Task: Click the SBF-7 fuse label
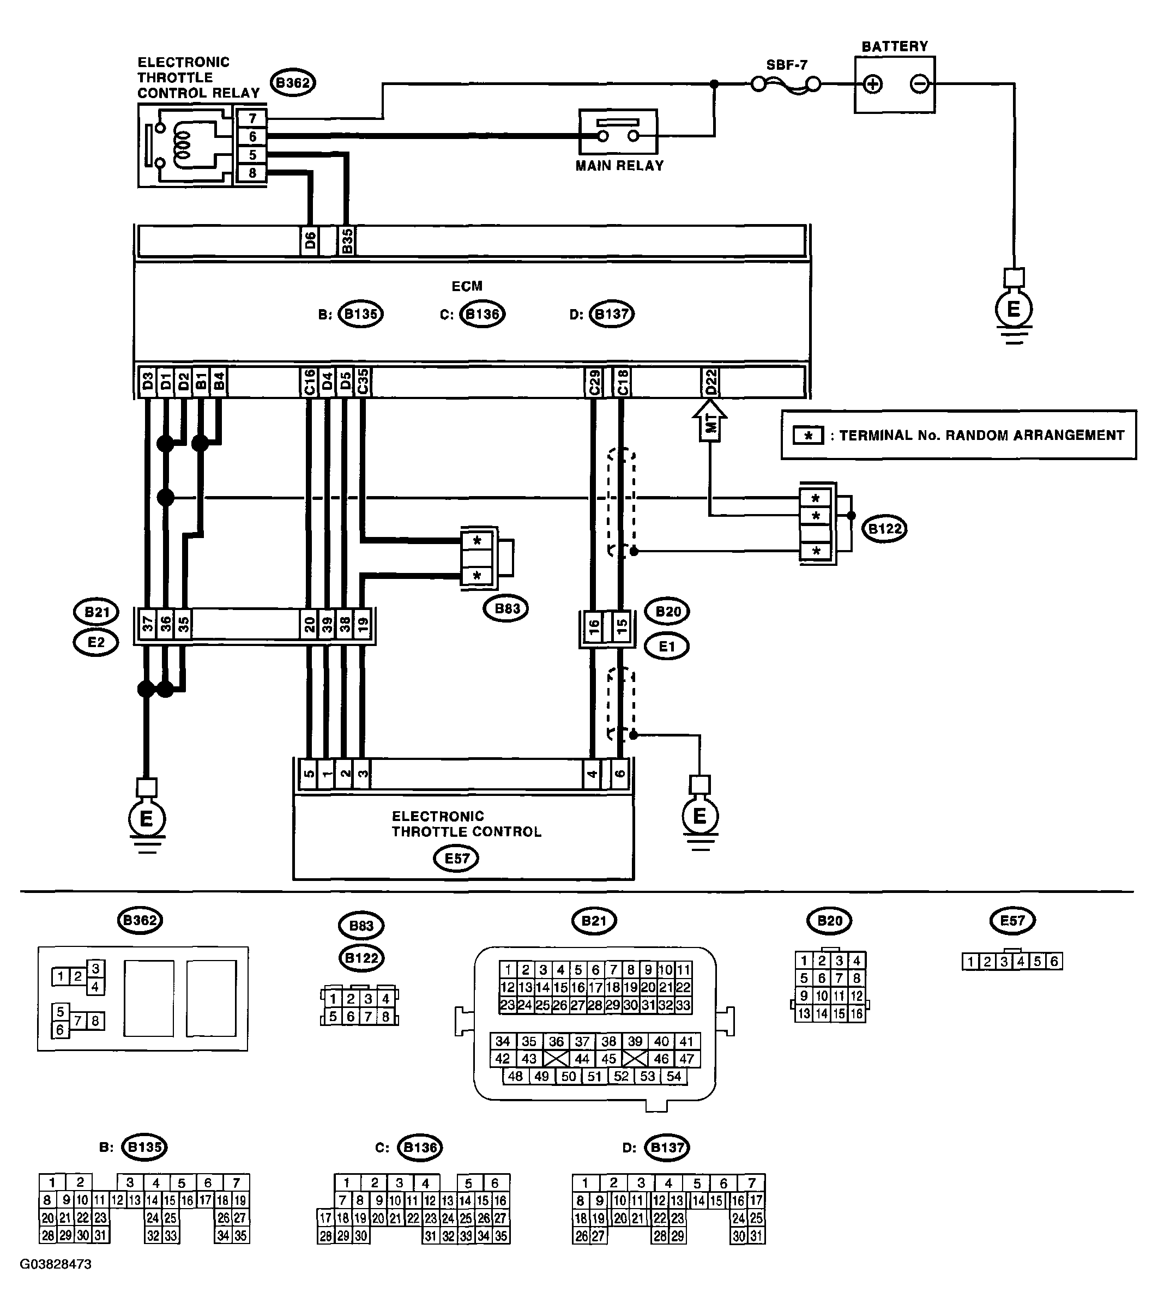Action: coord(786,65)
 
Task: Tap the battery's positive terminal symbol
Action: coord(873,84)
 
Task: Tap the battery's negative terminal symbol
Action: coord(919,84)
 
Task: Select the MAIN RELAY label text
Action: coord(619,165)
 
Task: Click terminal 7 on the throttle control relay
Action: coord(252,118)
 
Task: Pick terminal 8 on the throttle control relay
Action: coord(252,172)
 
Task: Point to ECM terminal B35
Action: coord(346,241)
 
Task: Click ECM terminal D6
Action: coord(310,241)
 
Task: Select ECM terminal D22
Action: coord(710,383)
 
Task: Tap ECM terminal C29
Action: coord(594,383)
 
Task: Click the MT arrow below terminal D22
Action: coord(710,420)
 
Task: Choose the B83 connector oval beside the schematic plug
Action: coord(506,608)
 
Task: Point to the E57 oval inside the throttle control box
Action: coord(456,858)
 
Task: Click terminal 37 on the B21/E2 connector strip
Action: coord(148,624)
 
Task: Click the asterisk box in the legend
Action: coord(809,436)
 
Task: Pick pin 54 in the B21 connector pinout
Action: coord(673,1076)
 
